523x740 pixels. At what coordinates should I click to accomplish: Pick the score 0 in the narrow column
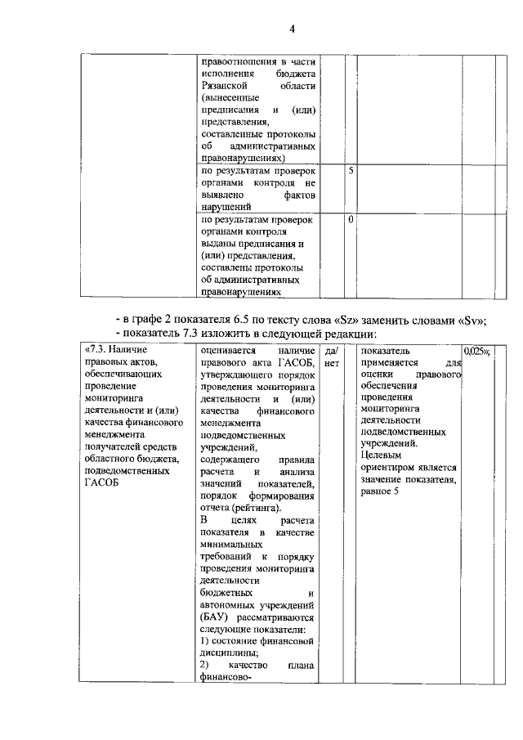[x=351, y=219]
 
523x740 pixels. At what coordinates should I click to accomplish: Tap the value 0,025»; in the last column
[x=476, y=351]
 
